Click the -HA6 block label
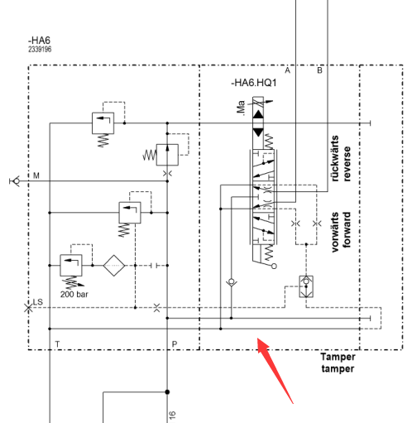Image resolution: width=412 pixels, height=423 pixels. [39, 41]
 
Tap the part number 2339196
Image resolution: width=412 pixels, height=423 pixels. [40, 49]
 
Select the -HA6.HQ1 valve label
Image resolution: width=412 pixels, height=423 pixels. [254, 83]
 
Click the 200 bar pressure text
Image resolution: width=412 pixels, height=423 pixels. [74, 294]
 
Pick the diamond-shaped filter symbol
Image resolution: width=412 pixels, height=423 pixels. [114, 266]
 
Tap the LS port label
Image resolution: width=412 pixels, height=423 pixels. [38, 302]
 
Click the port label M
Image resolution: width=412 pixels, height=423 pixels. [36, 175]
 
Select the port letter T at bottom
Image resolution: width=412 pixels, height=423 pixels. [57, 344]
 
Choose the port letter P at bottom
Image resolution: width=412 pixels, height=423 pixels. [175, 344]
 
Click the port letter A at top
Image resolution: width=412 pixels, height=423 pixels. [287, 70]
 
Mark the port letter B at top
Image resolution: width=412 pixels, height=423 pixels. [319, 70]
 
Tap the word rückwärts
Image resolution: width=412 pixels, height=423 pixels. [334, 158]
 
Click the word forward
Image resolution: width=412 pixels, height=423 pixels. [347, 229]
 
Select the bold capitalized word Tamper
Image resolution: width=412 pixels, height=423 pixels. [338, 357]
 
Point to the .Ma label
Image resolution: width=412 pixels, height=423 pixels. [241, 108]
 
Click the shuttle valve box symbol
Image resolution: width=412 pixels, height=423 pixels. [306, 286]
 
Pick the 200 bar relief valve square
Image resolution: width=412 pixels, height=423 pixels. [71, 266]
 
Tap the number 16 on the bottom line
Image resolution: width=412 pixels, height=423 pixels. [172, 416]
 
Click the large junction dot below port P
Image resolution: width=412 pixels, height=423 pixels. [167, 392]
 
